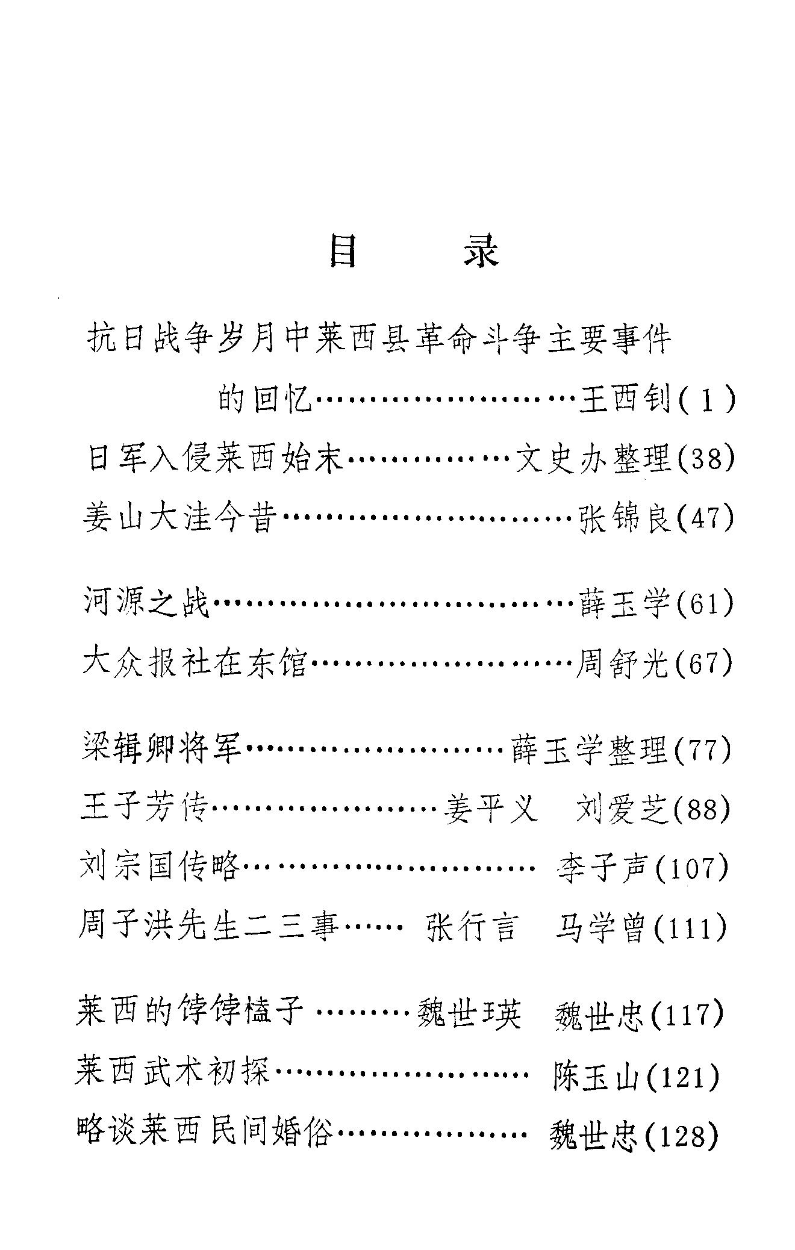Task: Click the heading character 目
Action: (344, 251)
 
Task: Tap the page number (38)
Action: (706, 460)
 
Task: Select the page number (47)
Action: (706, 518)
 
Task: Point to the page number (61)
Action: (705, 604)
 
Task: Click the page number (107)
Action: (691, 868)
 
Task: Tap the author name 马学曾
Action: (601, 927)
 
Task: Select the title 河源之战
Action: (146, 604)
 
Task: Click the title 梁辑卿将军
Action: (161, 750)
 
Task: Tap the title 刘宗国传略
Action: (160, 868)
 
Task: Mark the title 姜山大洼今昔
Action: (179, 518)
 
